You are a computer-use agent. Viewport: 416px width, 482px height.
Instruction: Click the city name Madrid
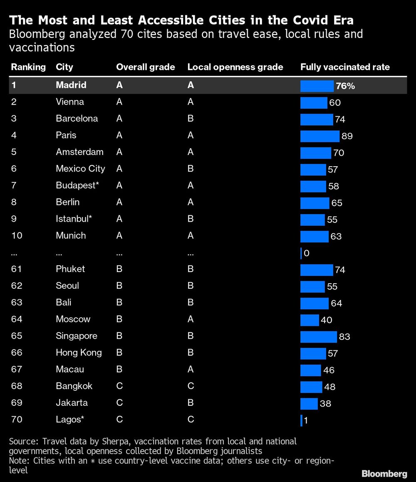tap(71, 85)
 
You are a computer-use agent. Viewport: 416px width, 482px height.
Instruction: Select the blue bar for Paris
tap(319, 136)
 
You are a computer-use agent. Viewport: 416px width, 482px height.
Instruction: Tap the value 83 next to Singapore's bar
tap(344, 337)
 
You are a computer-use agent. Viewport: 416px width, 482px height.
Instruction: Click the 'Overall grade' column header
tap(145, 67)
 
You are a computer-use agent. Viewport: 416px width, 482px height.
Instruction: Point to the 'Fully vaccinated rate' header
tap(345, 67)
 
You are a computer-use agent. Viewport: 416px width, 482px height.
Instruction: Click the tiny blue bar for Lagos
tap(301, 420)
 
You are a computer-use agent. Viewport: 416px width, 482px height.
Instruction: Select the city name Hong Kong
tap(79, 353)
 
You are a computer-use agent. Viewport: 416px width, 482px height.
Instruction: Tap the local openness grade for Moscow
tap(191, 319)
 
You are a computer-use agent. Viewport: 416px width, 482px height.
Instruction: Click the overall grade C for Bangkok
tap(119, 386)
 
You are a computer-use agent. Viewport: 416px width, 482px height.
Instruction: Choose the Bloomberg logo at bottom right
tap(384, 473)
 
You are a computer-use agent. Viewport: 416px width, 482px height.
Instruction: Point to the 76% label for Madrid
tap(345, 86)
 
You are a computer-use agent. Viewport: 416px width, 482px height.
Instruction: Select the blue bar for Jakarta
tap(309, 403)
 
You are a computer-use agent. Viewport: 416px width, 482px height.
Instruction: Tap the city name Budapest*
tap(77, 185)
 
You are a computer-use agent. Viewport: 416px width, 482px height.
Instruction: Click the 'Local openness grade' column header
tap(235, 67)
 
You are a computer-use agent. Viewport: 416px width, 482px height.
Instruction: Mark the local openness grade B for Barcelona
tap(191, 119)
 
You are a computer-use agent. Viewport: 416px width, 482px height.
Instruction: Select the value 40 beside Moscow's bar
tap(326, 320)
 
